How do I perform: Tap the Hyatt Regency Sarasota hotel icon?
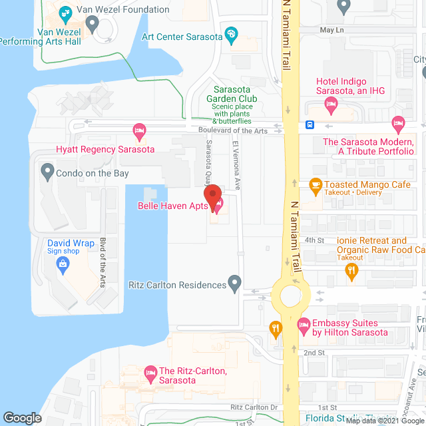click(x=139, y=130)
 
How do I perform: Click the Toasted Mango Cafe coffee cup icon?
click(x=316, y=186)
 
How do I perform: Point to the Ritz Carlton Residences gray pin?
click(x=234, y=284)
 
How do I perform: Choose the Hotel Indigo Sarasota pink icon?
click(x=330, y=103)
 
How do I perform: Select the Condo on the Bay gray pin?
click(x=47, y=173)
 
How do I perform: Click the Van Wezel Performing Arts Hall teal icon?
click(x=92, y=24)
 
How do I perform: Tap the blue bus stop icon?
click(x=310, y=124)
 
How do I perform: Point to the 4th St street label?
click(x=314, y=240)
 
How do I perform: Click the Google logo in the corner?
click(x=21, y=418)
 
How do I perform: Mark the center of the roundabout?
click(x=291, y=294)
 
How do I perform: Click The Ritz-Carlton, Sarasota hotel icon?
click(x=148, y=371)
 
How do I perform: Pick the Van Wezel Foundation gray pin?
click(x=65, y=11)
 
